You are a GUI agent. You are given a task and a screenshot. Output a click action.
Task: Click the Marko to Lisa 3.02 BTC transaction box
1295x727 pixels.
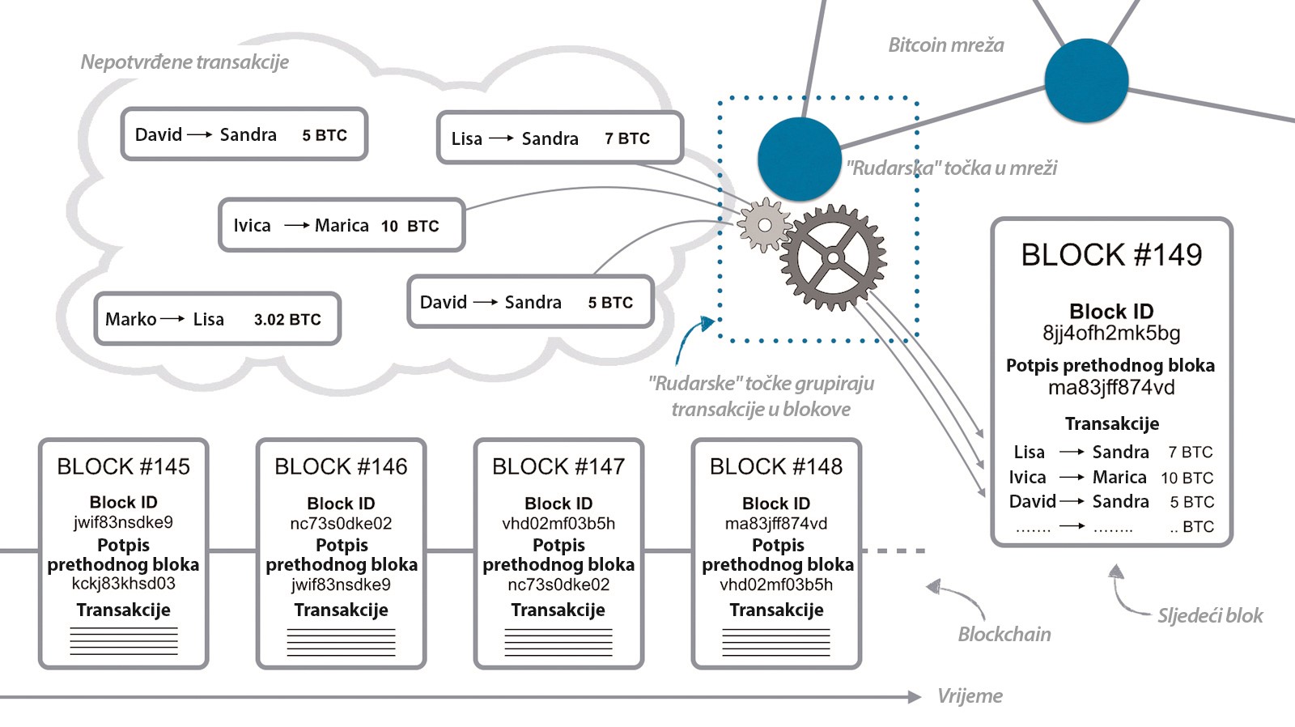(x=218, y=319)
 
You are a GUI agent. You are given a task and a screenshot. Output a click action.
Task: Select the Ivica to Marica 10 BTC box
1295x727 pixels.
(x=342, y=225)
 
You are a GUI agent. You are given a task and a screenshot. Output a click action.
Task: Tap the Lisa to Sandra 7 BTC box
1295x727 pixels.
(x=560, y=138)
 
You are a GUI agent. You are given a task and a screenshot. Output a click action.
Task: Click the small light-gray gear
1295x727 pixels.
(x=764, y=225)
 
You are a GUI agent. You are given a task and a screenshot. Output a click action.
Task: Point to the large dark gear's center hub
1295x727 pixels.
(x=833, y=258)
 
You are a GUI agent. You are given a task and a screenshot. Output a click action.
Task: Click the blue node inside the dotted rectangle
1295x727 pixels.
(x=800, y=159)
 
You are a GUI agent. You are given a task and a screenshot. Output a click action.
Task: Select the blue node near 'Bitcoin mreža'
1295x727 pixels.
(x=1086, y=80)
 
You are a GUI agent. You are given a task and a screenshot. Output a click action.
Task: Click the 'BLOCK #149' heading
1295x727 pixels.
(x=1111, y=254)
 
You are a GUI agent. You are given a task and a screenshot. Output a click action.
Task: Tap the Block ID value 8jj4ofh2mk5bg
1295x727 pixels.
(x=1111, y=333)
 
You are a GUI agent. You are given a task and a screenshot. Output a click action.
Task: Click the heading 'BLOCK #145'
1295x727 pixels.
(x=123, y=466)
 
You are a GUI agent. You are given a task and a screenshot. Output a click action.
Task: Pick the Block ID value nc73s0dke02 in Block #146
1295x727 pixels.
(x=341, y=523)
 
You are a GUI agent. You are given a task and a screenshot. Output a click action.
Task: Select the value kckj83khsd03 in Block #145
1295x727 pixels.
(x=123, y=583)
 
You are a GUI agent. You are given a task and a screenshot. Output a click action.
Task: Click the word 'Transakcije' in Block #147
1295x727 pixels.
(x=558, y=610)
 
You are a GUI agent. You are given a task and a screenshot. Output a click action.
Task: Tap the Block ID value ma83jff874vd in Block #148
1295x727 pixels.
(x=776, y=523)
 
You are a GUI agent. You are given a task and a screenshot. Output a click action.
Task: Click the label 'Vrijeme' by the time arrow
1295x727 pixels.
(x=970, y=695)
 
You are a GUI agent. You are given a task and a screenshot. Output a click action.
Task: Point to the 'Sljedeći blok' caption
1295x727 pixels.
(x=1210, y=615)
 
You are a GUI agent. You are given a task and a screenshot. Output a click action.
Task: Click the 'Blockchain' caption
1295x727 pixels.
(x=1004, y=634)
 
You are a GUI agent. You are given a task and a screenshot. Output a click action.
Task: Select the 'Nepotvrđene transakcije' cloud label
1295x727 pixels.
(x=185, y=62)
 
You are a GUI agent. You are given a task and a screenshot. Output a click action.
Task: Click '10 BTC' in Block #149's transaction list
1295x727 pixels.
(x=1187, y=478)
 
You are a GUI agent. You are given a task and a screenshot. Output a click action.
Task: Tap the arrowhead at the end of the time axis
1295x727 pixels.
(x=915, y=697)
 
